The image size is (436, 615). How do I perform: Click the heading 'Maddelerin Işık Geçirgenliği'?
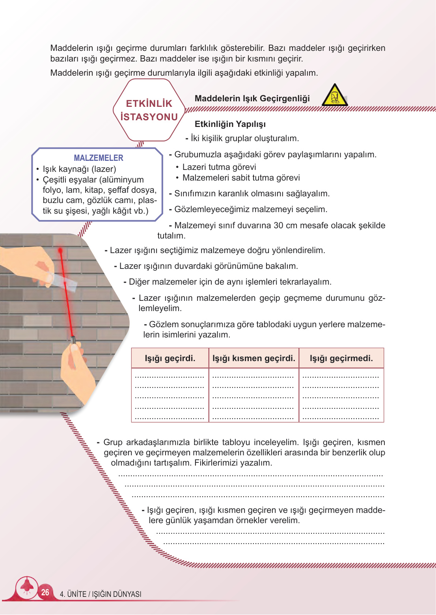(x=252, y=99)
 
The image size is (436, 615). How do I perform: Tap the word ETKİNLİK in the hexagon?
(x=149, y=104)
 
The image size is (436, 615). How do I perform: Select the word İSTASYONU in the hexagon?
(x=149, y=117)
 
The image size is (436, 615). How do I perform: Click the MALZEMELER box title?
(x=99, y=158)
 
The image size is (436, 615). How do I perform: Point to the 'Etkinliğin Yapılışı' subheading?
(x=230, y=124)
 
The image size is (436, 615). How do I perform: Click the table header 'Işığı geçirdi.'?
(x=170, y=358)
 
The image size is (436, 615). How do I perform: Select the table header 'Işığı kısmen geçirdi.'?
(x=253, y=358)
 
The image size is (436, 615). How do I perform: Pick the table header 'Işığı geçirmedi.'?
(x=341, y=358)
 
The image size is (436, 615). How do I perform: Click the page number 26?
(x=45, y=592)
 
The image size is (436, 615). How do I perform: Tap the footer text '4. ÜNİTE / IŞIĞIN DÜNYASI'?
(x=101, y=594)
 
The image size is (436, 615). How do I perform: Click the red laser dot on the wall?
(x=60, y=250)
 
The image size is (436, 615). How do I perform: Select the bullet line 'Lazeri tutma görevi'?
(x=219, y=167)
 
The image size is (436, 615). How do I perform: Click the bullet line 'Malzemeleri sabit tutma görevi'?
(x=241, y=178)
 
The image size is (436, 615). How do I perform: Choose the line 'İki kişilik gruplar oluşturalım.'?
(x=244, y=138)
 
